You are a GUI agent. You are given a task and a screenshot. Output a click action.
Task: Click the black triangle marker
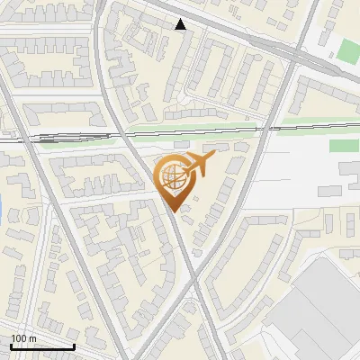[x=181, y=24]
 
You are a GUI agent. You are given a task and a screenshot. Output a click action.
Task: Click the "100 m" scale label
[x=23, y=338]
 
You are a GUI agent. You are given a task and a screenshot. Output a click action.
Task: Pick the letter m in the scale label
[x=31, y=338]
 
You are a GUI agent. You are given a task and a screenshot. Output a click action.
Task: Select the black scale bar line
[x=42, y=346]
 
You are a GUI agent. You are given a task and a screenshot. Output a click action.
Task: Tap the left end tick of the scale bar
[x=11, y=345]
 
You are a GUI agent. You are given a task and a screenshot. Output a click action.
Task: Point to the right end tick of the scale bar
[x=74, y=345]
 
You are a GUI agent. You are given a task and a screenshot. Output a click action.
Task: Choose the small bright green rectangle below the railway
[x=343, y=146]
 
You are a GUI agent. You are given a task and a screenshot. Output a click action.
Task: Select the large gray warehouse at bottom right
[x=324, y=306]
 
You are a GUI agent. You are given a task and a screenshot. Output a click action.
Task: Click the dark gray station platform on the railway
[x=47, y=139]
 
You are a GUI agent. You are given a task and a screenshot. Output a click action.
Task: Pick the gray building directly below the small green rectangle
[x=349, y=170]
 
